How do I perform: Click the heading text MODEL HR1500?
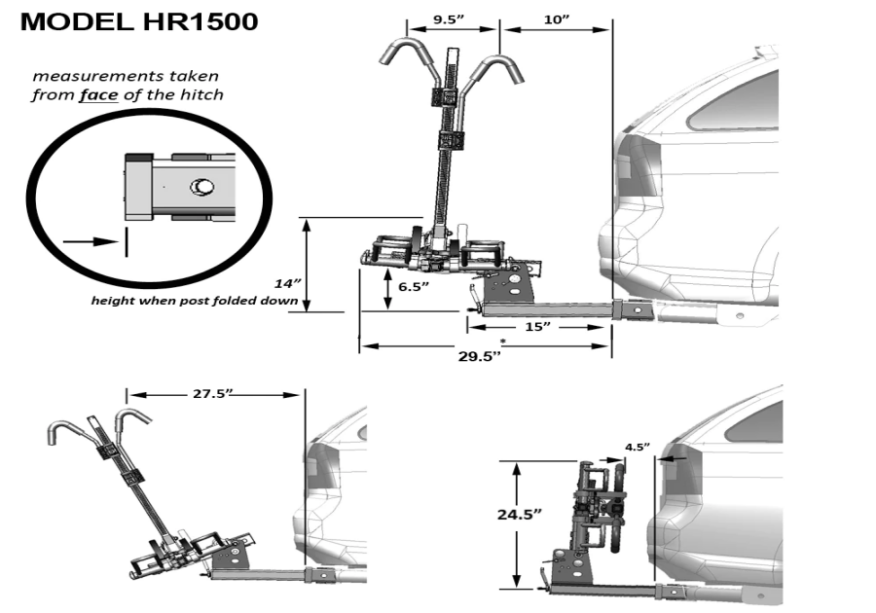139,21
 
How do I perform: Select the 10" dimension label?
556,18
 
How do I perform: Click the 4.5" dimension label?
637,448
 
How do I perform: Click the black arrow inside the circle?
86,237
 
